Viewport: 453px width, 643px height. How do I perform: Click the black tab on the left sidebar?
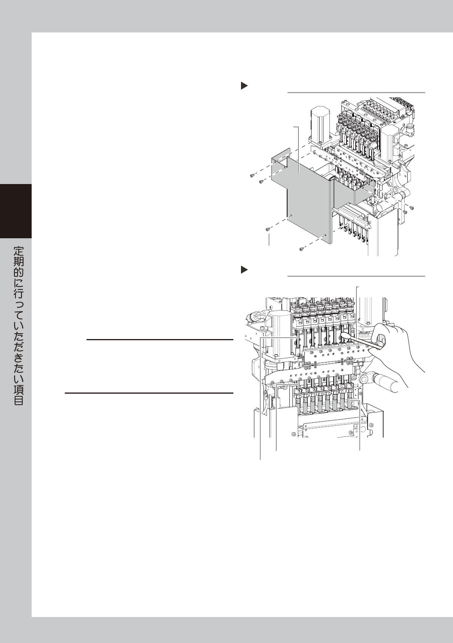tap(16, 211)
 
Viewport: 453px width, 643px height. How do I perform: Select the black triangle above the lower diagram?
tap(244, 270)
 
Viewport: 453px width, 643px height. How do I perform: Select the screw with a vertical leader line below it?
tap(268, 229)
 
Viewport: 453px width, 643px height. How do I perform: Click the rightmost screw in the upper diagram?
tap(412, 207)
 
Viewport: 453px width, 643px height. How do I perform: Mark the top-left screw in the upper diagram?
tap(252, 175)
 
